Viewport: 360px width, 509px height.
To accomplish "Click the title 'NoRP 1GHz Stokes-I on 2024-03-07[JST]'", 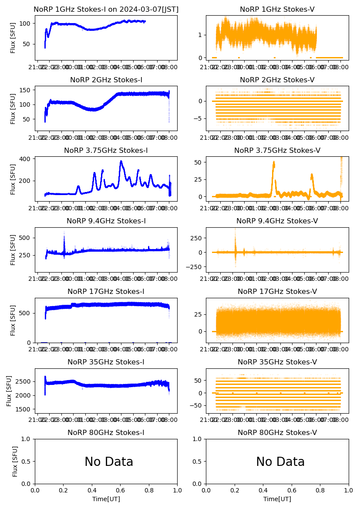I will tap(106, 9).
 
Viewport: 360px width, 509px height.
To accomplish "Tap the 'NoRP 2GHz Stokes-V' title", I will tap(277, 80).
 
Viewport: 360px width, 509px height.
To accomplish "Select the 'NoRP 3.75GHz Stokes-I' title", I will tap(106, 150).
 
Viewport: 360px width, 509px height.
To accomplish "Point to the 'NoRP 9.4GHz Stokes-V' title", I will tap(277, 221).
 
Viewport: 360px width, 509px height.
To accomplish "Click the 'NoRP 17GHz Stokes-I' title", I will tap(106, 291).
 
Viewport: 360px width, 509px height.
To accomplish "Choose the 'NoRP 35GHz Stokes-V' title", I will tap(277, 362).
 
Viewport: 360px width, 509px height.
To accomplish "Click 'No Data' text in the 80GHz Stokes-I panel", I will tap(109, 462).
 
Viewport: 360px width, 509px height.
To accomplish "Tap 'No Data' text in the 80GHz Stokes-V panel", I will tap(280, 462).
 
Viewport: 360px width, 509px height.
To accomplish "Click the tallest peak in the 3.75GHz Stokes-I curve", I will tap(121, 162).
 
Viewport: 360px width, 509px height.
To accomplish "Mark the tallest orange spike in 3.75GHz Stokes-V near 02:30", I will tap(274, 162).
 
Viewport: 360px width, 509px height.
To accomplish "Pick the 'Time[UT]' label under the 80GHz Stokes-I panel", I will tap(106, 499).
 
